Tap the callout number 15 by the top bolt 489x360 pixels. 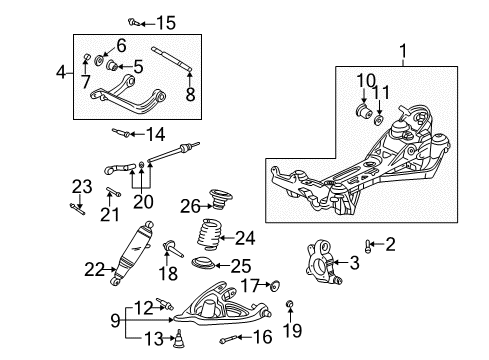click(164, 22)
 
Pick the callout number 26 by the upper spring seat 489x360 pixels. click(189, 208)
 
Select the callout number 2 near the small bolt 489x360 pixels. click(390, 243)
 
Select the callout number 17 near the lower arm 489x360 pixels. click(249, 286)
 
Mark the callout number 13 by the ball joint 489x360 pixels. click(150, 338)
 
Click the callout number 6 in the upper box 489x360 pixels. click(121, 45)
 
